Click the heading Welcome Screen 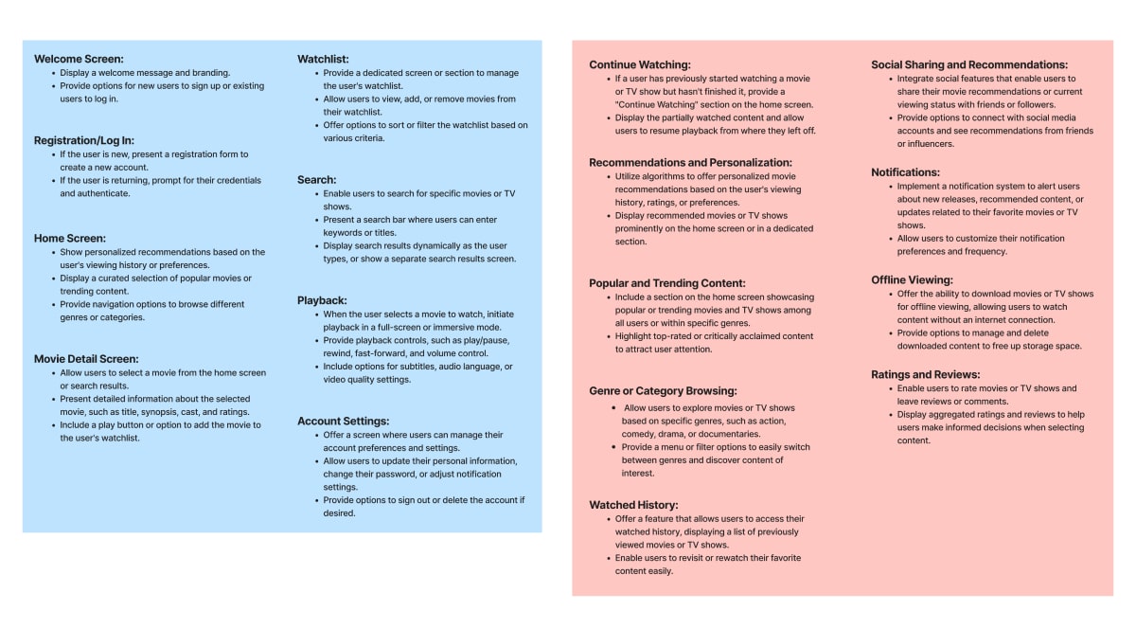pyautogui.click(x=79, y=59)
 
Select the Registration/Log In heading pyautogui.click(x=83, y=140)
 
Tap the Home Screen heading pyautogui.click(x=70, y=239)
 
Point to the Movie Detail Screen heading pyautogui.click(x=86, y=359)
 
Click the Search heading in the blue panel pyautogui.click(x=316, y=180)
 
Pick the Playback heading pyautogui.click(x=322, y=300)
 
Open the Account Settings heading pyautogui.click(x=343, y=422)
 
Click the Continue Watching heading pyautogui.click(x=640, y=64)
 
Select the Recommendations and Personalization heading pyautogui.click(x=690, y=163)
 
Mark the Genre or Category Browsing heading pyautogui.click(x=663, y=391)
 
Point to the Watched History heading pyautogui.click(x=633, y=506)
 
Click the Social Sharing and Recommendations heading pyautogui.click(x=969, y=64)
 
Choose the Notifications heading pyautogui.click(x=905, y=172)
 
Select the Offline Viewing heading pyautogui.click(x=912, y=280)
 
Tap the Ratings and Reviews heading pyautogui.click(x=925, y=375)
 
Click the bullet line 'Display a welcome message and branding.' pyautogui.click(x=145, y=73)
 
